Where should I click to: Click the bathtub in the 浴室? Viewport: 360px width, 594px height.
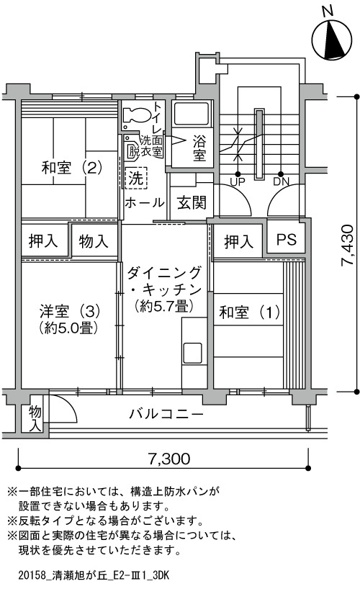[191, 114]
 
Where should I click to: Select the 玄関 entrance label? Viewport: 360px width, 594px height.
[192, 203]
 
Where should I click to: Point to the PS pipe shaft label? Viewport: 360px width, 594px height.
[286, 239]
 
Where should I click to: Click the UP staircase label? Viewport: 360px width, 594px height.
[238, 182]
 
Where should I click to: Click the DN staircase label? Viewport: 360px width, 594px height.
[281, 182]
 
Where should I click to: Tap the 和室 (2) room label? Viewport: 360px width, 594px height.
[71, 168]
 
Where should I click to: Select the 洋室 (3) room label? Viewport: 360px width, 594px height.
[69, 312]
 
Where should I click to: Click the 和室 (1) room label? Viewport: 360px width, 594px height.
[250, 312]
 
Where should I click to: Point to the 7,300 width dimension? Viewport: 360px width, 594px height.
[168, 459]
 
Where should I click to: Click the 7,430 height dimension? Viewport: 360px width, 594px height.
[348, 246]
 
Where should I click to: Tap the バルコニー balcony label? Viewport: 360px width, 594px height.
[166, 414]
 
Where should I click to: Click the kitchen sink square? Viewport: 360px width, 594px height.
[193, 353]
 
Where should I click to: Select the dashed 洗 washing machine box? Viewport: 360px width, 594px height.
[135, 178]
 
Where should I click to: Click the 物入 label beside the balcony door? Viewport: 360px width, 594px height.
[35, 418]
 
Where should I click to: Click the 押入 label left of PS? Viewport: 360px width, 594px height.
[238, 242]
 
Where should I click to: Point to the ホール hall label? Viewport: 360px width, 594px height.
[145, 202]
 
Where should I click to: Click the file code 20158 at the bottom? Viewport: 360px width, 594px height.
[32, 576]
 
